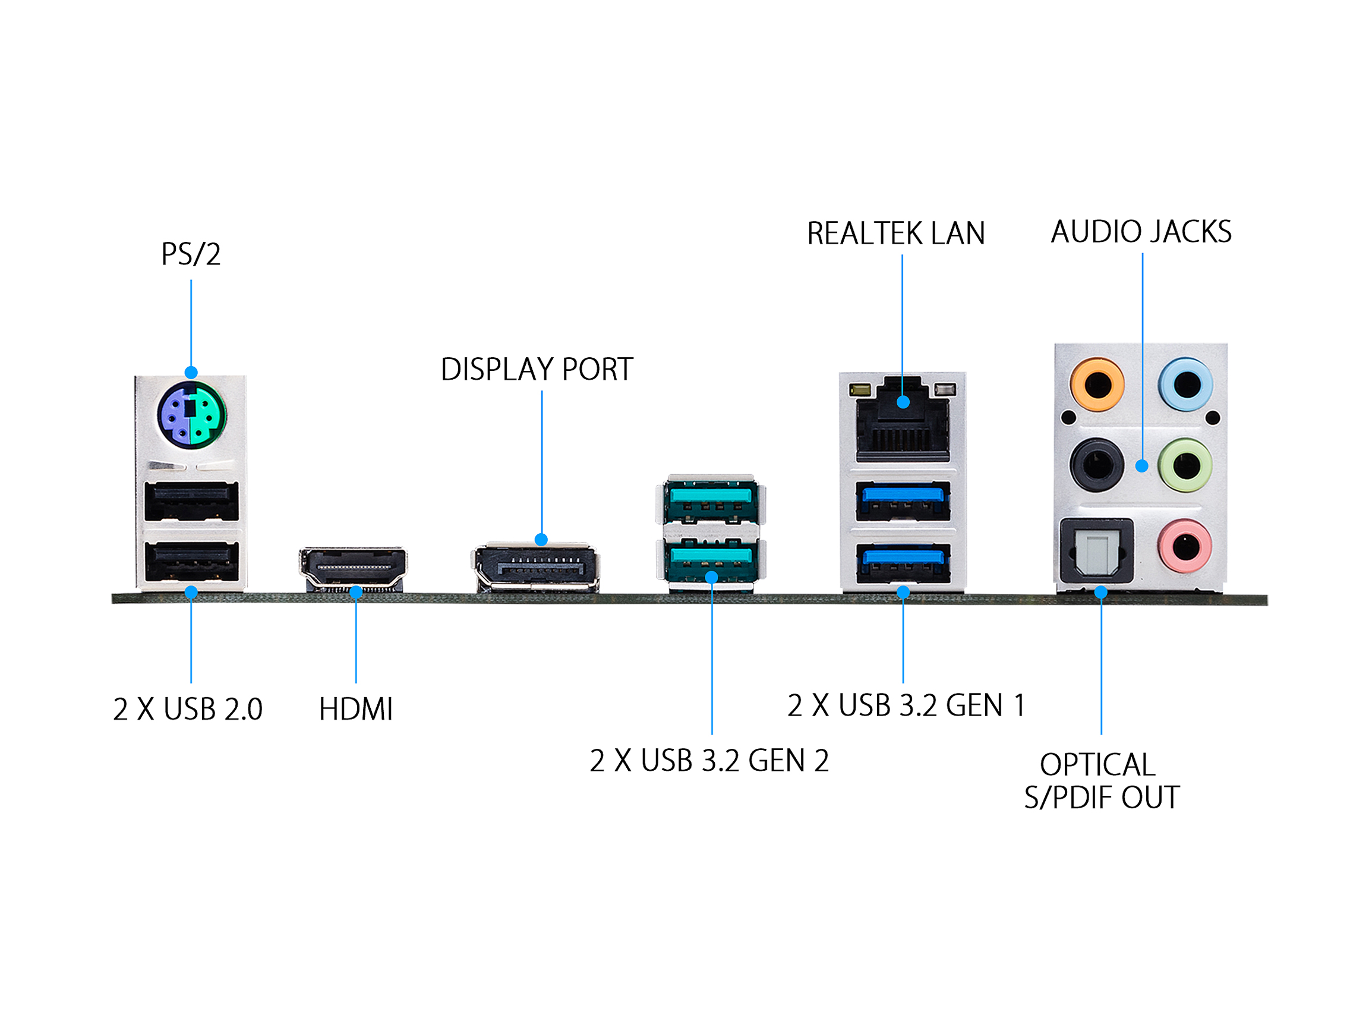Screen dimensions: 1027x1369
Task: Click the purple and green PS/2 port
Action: [191, 414]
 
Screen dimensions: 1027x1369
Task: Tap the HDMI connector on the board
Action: [353, 566]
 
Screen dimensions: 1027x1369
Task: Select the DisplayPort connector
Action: [536, 567]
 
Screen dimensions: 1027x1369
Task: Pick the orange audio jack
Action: [1097, 385]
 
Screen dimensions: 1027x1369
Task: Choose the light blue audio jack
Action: [1186, 385]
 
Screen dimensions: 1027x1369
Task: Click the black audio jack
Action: [1097, 465]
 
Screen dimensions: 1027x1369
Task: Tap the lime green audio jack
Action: [1185, 465]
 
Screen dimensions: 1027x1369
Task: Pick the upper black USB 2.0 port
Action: [191, 500]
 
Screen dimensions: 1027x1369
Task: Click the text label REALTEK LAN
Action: [895, 234]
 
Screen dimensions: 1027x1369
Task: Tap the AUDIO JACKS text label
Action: [1141, 232]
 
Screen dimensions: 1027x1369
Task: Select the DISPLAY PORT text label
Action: [537, 370]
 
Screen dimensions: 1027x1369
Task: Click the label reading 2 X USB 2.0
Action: [188, 710]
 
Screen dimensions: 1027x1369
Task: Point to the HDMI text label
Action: [356, 710]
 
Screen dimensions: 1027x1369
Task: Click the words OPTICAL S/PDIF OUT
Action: [1102, 781]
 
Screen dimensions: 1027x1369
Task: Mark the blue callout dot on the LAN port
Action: [903, 402]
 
